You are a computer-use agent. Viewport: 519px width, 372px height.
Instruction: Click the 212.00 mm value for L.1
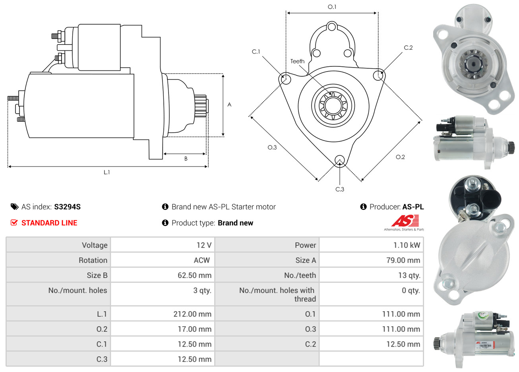192,314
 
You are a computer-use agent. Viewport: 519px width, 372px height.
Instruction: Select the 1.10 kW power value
407,245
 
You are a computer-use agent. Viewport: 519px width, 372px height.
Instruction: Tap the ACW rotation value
202,260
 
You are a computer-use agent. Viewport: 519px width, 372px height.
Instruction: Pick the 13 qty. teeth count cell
409,275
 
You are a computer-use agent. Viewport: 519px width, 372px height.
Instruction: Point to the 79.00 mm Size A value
403,260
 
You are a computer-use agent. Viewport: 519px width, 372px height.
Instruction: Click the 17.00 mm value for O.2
195,329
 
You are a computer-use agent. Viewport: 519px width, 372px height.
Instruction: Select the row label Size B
97,275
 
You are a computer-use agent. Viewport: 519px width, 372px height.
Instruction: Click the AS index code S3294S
67,207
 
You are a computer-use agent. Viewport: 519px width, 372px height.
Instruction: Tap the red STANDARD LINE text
49,223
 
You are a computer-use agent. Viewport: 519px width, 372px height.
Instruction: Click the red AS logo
405,221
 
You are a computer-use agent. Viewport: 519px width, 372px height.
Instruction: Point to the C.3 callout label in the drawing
340,189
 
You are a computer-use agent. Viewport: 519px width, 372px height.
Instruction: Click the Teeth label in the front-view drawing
298,61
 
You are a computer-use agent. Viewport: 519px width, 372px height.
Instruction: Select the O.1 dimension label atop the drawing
332,7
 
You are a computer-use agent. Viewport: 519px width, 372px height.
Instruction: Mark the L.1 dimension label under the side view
107,172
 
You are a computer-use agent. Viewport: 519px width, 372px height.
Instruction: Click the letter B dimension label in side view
186,159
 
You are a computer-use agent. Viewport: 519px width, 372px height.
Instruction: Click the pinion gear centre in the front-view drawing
333,106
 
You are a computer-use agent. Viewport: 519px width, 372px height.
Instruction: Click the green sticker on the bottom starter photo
482,316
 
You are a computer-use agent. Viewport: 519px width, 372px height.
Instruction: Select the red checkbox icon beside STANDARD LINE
14,223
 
